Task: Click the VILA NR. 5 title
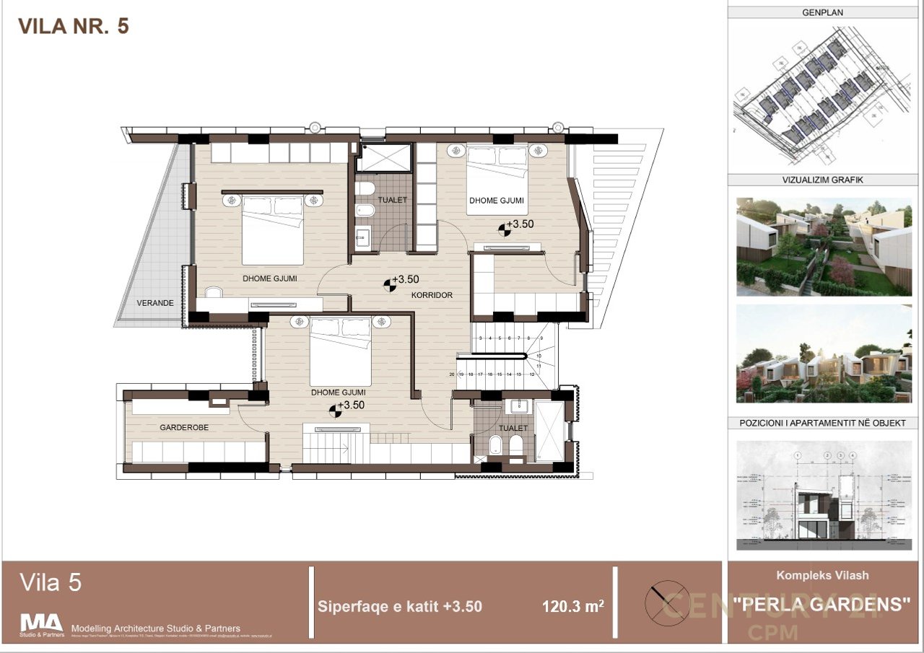73,27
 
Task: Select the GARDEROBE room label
184,428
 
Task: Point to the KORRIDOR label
432,295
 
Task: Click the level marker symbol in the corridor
389,286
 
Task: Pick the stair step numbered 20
452,374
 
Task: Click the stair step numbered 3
480,338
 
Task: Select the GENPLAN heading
822,12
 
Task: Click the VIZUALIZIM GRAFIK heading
822,180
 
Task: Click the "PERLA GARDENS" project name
822,605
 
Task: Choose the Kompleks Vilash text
822,575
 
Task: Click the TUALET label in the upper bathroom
393,200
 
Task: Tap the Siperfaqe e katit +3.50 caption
400,607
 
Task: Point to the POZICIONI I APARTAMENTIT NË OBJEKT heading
822,423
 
